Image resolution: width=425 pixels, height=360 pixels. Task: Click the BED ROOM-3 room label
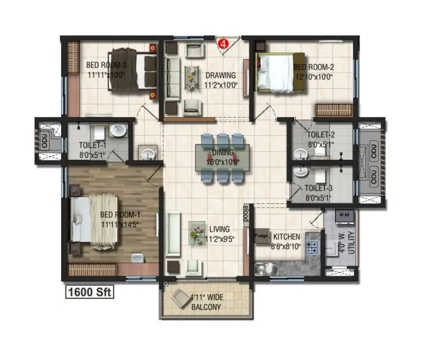tap(106, 70)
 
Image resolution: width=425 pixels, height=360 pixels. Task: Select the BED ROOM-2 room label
tap(313, 71)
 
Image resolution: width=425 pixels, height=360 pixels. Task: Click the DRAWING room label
tap(220, 80)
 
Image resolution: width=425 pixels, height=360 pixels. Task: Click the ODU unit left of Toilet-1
tap(44, 142)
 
